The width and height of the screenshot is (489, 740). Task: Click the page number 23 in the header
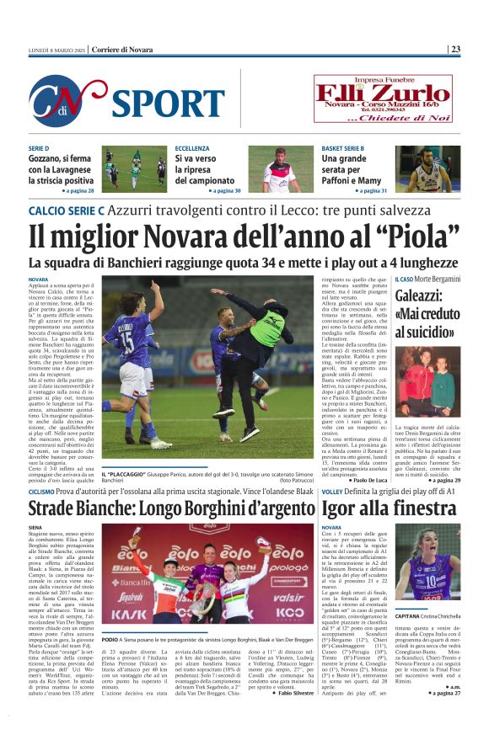(455, 49)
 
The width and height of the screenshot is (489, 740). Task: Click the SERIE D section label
(39, 148)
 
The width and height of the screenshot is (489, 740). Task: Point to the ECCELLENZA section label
(192, 148)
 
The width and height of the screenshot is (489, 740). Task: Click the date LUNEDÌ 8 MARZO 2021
(56, 49)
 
